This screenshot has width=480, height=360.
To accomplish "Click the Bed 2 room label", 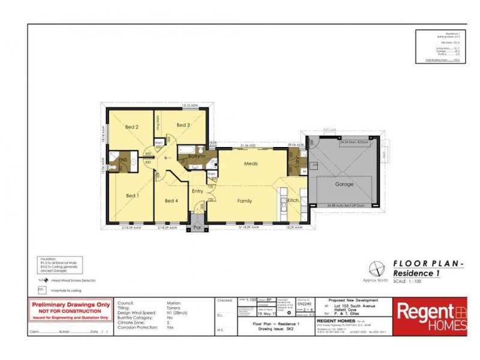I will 133,127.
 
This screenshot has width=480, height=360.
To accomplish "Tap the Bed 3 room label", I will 184,125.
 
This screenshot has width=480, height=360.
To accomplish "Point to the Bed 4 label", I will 171,200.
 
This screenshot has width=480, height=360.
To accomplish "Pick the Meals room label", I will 251,163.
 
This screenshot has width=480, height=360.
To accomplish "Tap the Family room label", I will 245,200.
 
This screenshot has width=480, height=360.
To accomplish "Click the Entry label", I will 197,191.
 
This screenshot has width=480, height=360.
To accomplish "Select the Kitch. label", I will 293,200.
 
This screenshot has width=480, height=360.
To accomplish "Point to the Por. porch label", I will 196,228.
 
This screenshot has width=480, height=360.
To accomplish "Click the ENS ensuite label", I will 122,160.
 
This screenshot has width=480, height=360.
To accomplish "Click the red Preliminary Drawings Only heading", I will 70,305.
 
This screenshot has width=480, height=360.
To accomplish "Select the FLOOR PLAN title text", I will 428,263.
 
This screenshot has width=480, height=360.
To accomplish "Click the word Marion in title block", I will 174,303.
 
